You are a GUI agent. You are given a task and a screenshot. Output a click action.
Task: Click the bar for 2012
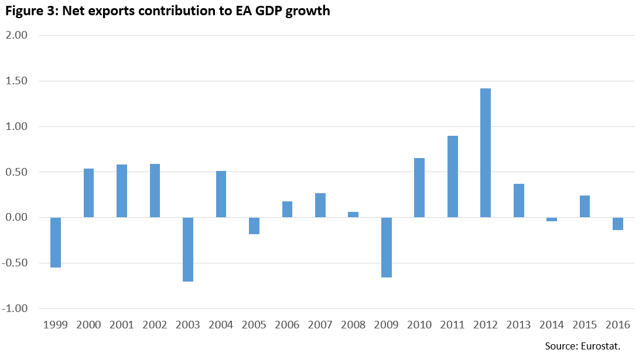pos(486,153)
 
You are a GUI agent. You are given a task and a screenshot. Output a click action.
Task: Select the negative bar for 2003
pos(188,249)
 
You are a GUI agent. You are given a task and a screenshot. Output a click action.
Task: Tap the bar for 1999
pos(56,242)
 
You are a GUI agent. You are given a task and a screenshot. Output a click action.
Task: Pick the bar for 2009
pos(387,247)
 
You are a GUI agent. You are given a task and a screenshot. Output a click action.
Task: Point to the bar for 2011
pos(453,176)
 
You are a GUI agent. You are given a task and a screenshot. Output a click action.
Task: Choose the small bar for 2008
pos(353,215)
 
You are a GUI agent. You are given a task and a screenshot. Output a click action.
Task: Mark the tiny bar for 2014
pos(552,220)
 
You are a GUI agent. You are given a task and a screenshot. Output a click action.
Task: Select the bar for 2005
pos(254,226)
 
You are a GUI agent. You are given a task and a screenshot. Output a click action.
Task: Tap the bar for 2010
pos(419,187)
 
